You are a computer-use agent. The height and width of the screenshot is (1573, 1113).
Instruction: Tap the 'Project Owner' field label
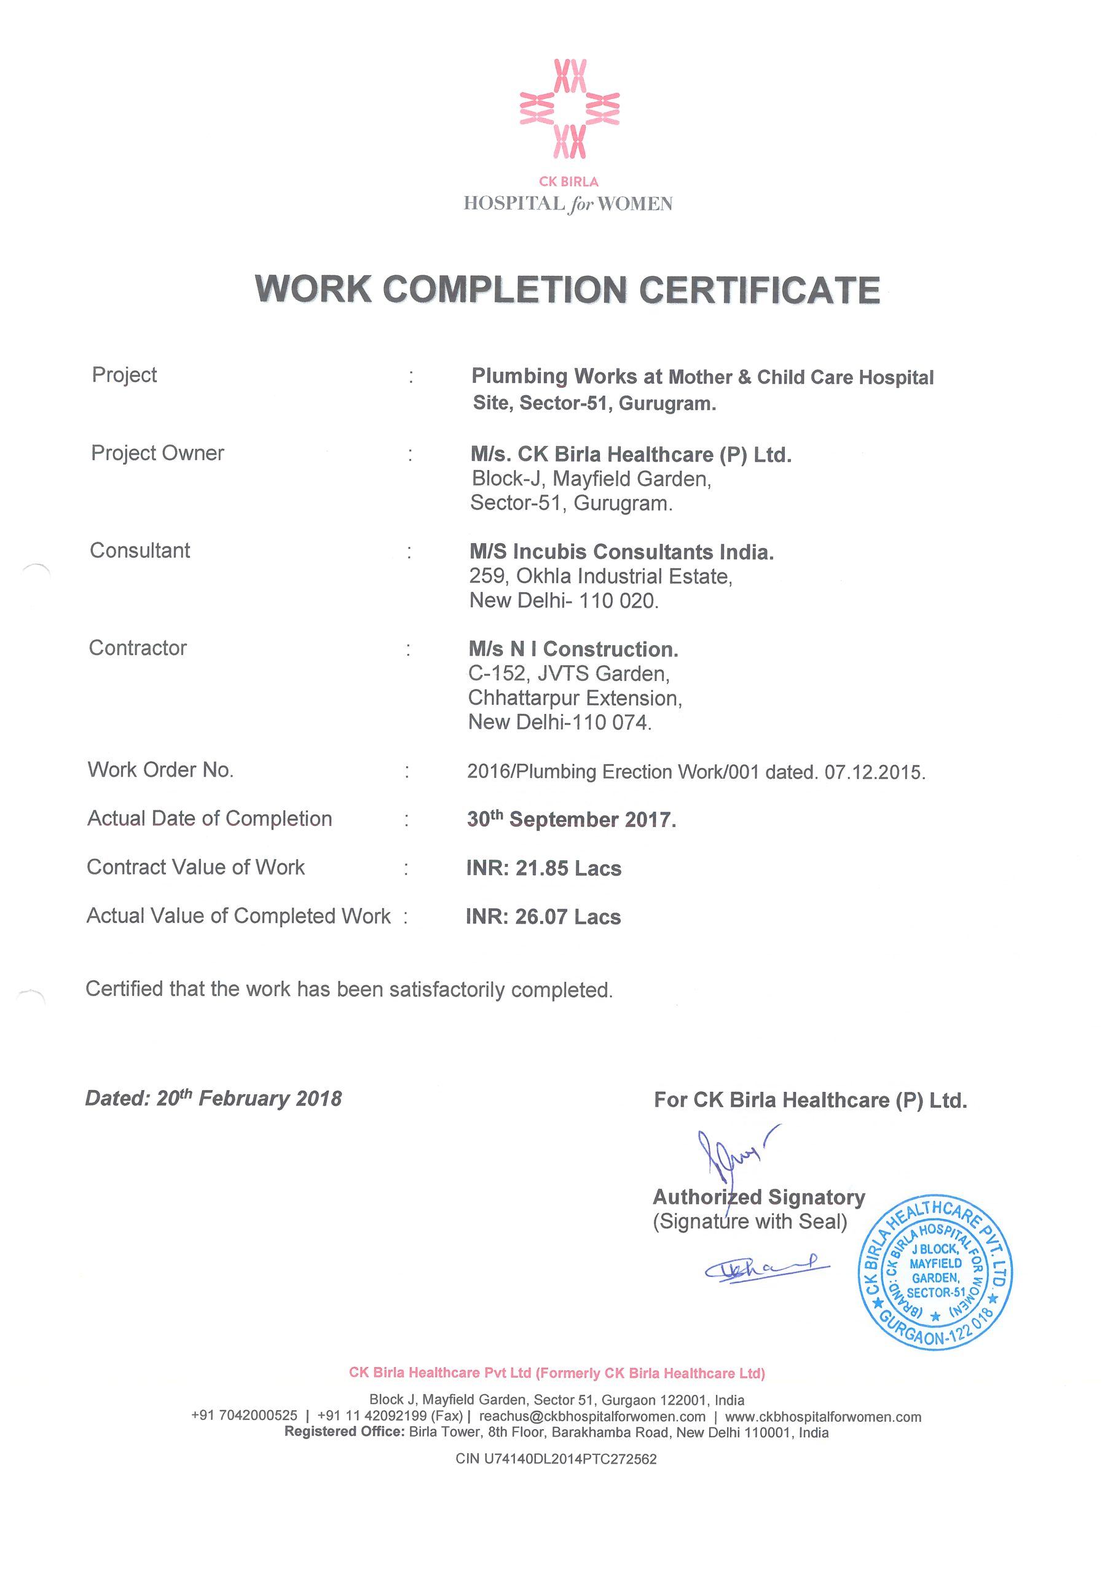[x=157, y=453]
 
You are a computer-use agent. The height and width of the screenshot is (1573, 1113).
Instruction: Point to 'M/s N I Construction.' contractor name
[x=573, y=649]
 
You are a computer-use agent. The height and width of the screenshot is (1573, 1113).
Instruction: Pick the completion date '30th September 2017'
[x=572, y=820]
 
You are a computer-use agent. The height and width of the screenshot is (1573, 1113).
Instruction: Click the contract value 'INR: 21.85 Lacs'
[x=543, y=868]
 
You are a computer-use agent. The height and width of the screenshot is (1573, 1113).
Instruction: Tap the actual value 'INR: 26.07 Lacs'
[x=543, y=917]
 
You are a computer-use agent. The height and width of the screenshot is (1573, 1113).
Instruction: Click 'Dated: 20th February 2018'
[x=213, y=1098]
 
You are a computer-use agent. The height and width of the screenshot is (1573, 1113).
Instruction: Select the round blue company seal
[x=935, y=1275]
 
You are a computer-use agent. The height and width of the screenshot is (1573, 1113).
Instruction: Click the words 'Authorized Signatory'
[x=758, y=1197]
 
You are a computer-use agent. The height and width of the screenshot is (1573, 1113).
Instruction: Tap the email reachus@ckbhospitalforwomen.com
[x=592, y=1416]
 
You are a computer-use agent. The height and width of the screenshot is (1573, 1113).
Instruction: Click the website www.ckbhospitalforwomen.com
[x=823, y=1416]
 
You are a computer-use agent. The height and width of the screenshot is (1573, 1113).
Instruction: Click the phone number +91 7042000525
[x=244, y=1416]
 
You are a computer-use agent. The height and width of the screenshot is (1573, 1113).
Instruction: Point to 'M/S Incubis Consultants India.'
[x=621, y=552]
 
